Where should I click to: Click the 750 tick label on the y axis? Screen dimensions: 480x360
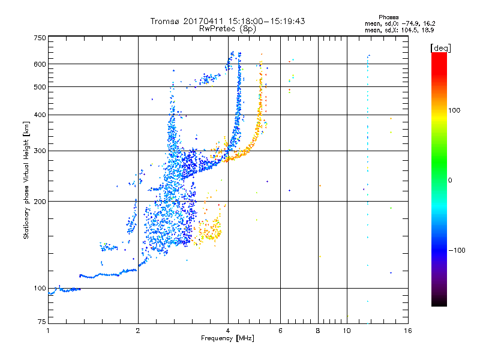[x=40, y=38]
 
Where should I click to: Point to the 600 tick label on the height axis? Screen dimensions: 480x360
[x=40, y=64]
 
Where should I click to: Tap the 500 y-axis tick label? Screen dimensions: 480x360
[x=40, y=87]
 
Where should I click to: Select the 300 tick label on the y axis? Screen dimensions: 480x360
[x=40, y=151]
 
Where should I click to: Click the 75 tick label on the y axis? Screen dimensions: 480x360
[x=42, y=322]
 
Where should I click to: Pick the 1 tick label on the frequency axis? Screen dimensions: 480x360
[x=48, y=331]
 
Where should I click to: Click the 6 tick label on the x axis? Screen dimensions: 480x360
[x=280, y=331]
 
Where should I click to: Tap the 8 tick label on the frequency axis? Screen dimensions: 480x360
[x=318, y=331]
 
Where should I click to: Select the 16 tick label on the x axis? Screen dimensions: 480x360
[x=408, y=331]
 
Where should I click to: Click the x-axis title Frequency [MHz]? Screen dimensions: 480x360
[x=227, y=338]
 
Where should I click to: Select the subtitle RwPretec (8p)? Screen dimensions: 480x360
[x=227, y=29]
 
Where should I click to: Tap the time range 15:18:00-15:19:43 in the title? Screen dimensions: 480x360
[x=266, y=21]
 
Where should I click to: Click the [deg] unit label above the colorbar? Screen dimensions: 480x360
[x=441, y=49]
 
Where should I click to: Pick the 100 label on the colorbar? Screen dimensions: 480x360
[x=454, y=110]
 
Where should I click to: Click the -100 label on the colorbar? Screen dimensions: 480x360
[x=457, y=250]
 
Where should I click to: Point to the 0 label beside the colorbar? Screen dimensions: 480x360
[x=450, y=181]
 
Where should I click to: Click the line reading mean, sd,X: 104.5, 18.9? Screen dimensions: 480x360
[x=399, y=31]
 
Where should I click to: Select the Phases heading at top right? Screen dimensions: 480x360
[x=388, y=17]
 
